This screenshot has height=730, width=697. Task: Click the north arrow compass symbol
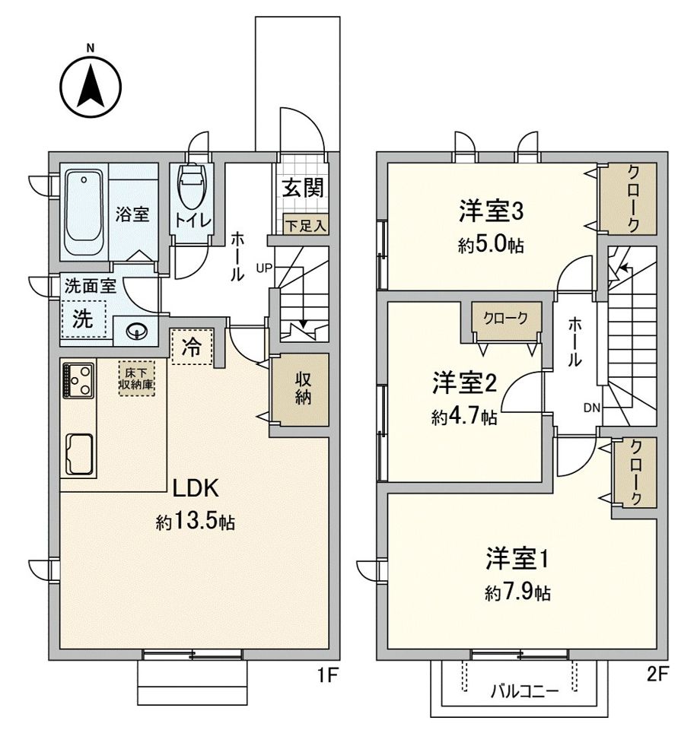91,85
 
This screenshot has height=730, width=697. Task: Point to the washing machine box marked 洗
82,319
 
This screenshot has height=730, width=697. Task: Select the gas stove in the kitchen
78,379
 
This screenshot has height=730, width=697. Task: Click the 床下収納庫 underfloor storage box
136,378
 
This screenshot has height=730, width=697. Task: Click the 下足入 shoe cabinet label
305,225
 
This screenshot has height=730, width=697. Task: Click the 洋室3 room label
491,211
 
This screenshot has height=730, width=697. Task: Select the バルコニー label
524,690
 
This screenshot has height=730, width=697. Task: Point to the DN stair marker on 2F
592,408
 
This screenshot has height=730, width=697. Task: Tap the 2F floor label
659,674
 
